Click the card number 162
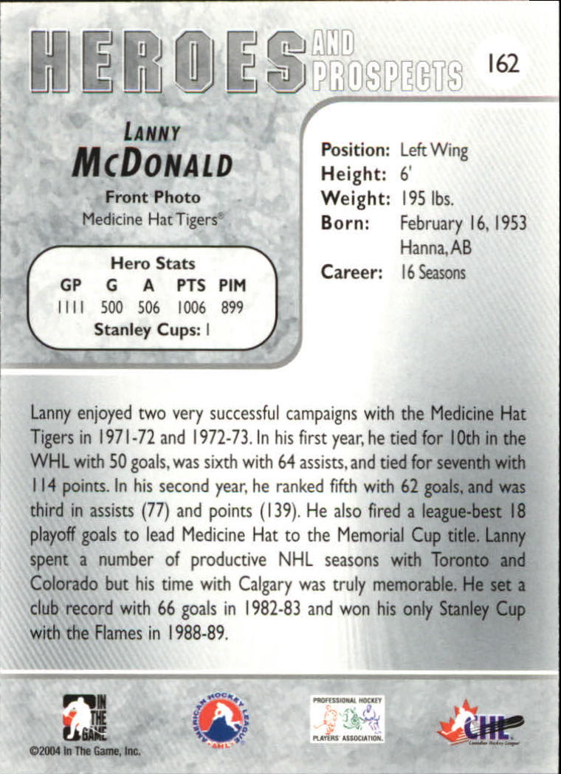pos(503,63)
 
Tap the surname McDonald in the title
pos(152,165)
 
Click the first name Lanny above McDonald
pos(153,134)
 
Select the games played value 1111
pos(71,308)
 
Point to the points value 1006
pos(190,308)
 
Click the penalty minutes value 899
pos(231,308)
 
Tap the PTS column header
pos(190,286)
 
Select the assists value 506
pos(148,308)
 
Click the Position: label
pos(354,151)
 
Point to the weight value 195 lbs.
pos(427,198)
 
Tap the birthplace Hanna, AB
pos(436,247)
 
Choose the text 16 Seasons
pos(433,272)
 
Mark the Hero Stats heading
pos(152,263)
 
